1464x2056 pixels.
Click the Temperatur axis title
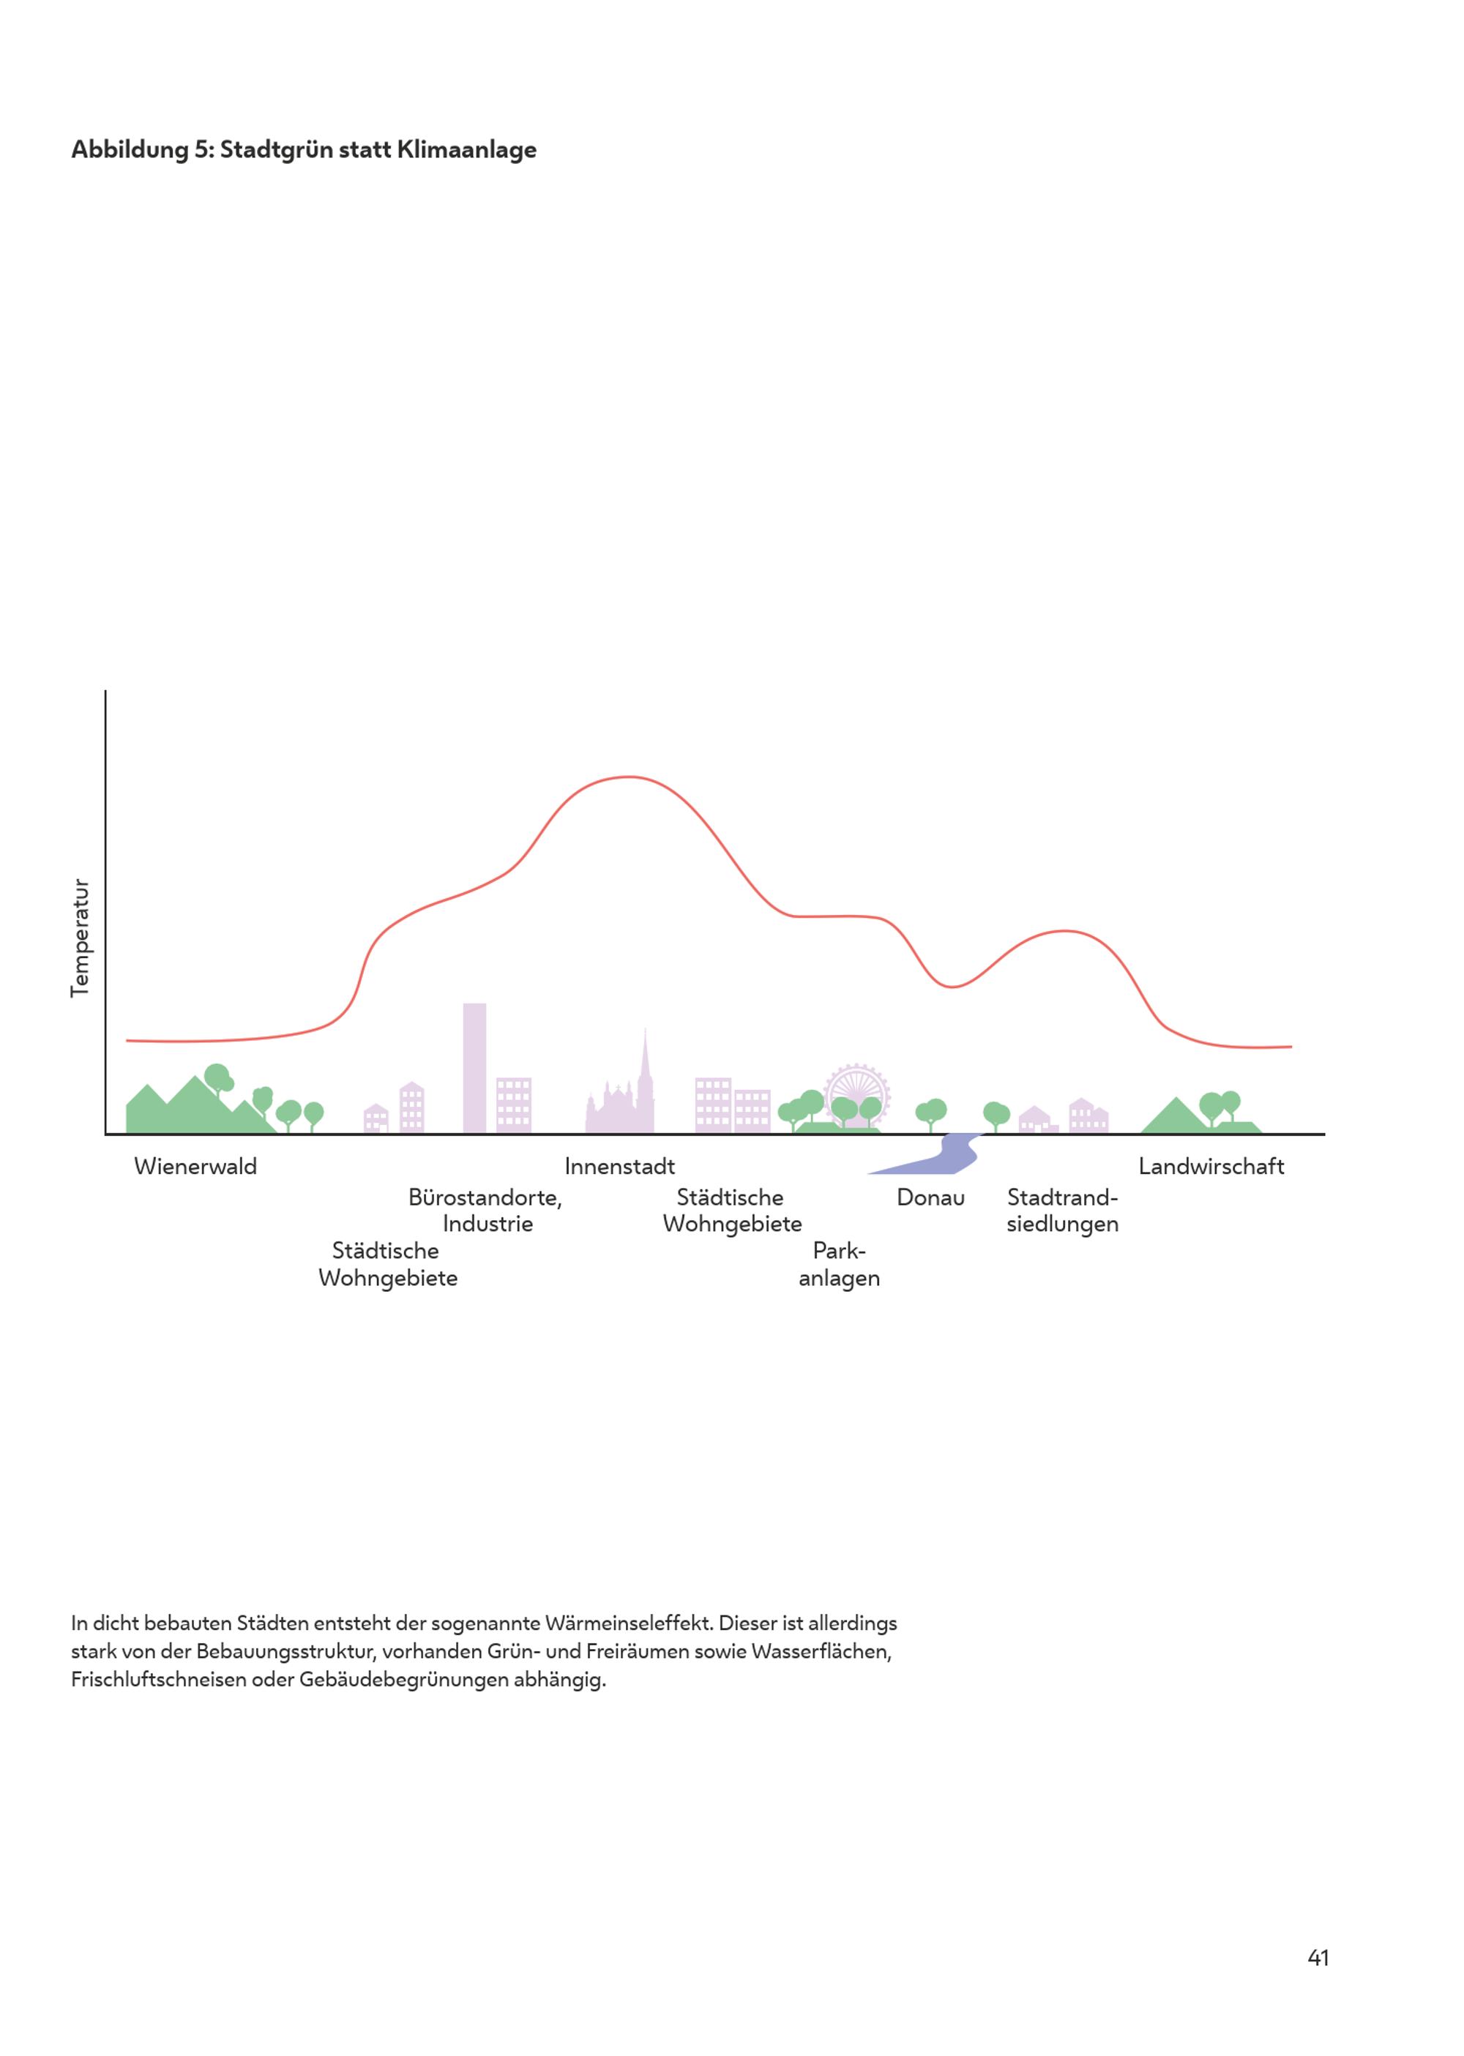[81, 938]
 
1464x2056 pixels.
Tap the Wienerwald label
[195, 1167]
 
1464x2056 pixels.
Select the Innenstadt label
[619, 1167]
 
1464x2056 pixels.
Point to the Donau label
[930, 1198]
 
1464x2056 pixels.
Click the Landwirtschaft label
[1211, 1167]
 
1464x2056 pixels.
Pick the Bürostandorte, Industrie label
[485, 1211]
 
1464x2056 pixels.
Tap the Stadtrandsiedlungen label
[1062, 1211]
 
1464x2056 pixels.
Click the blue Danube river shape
[946, 1157]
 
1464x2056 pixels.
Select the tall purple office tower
[474, 1068]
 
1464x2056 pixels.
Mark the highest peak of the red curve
[628, 777]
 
